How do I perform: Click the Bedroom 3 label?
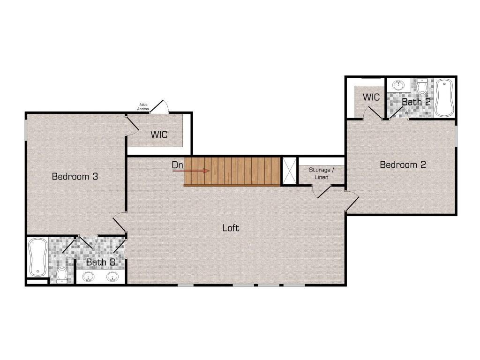(75, 177)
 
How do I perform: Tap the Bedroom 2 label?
(403, 165)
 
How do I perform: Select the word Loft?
(231, 228)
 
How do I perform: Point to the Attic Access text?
(143, 107)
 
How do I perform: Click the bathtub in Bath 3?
(36, 257)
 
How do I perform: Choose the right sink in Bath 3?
(112, 277)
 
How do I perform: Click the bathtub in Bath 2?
(443, 97)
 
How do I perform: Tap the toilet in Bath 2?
(422, 87)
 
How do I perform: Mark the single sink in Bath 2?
(398, 86)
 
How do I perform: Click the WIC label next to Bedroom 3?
(159, 135)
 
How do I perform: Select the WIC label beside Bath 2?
(371, 97)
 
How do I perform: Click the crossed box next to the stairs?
(288, 171)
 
